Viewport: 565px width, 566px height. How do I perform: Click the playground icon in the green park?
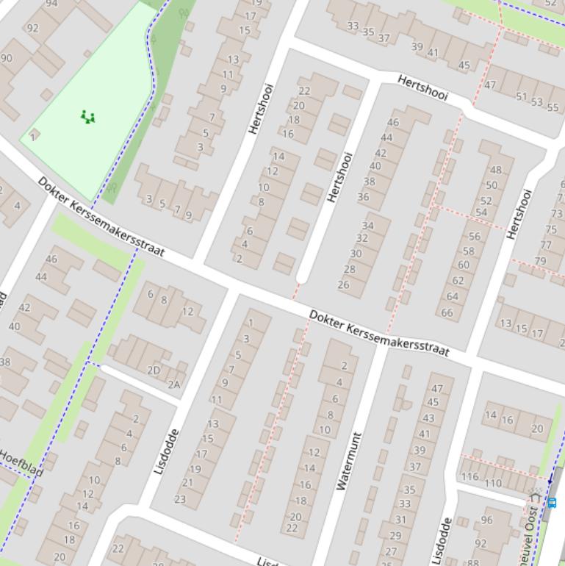pyautogui.click(x=87, y=116)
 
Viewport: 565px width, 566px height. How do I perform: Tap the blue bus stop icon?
pyautogui.click(x=552, y=503)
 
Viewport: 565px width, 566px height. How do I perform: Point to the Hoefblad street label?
pyautogui.click(x=21, y=463)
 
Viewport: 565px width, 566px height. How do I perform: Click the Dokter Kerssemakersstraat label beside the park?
pyautogui.click(x=101, y=217)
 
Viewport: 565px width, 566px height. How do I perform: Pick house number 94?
pyautogui.click(x=51, y=4)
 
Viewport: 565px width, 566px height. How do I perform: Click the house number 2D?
pyautogui.click(x=154, y=370)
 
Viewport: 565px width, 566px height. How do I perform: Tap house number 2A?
pyautogui.click(x=174, y=384)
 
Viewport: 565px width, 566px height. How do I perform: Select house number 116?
pyautogui.click(x=470, y=477)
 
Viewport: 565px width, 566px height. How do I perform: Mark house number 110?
pyautogui.click(x=493, y=483)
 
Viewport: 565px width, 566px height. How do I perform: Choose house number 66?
pyautogui.click(x=447, y=312)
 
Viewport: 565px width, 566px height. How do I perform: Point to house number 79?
pyautogui.click(x=541, y=261)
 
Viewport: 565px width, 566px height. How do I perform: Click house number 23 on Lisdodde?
pyautogui.click(x=180, y=499)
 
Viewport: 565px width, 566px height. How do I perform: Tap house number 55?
pyautogui.click(x=553, y=107)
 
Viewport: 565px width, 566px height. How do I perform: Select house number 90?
pyautogui.click(x=7, y=58)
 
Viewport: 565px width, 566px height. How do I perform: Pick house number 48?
pyautogui.click(x=496, y=171)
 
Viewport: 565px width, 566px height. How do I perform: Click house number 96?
pyautogui.click(x=486, y=520)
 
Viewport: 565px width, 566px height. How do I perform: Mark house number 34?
pyautogui.click(x=367, y=226)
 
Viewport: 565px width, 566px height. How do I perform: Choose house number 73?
pyautogui.click(x=556, y=214)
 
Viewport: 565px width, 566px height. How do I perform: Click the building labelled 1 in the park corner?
pyautogui.click(x=33, y=136)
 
